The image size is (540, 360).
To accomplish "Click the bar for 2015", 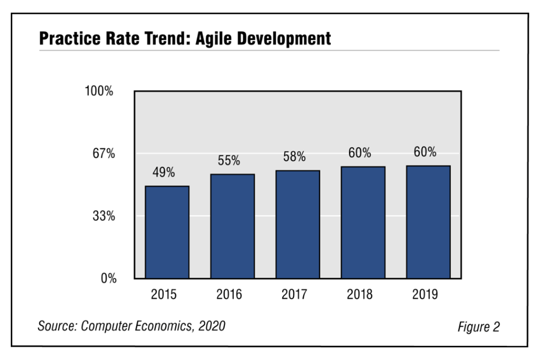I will [x=167, y=232].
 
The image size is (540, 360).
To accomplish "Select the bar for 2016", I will [x=232, y=226].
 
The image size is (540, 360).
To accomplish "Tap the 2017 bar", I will [x=298, y=225].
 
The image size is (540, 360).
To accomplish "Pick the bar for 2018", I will [x=363, y=223].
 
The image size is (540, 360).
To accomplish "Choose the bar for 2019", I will [x=428, y=222].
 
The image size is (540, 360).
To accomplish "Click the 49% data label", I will [x=164, y=172].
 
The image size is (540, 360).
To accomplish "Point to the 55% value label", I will [x=229, y=161].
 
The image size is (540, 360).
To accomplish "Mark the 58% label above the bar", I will [x=294, y=157].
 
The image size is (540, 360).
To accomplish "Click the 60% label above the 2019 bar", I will [x=425, y=152].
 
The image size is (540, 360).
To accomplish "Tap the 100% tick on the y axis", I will [x=99, y=91].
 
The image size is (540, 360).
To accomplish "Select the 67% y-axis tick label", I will [x=103, y=154].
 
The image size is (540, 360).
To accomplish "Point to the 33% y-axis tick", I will [x=103, y=216].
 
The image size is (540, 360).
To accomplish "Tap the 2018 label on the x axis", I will [x=360, y=294].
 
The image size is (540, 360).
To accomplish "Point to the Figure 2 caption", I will [x=479, y=326].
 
